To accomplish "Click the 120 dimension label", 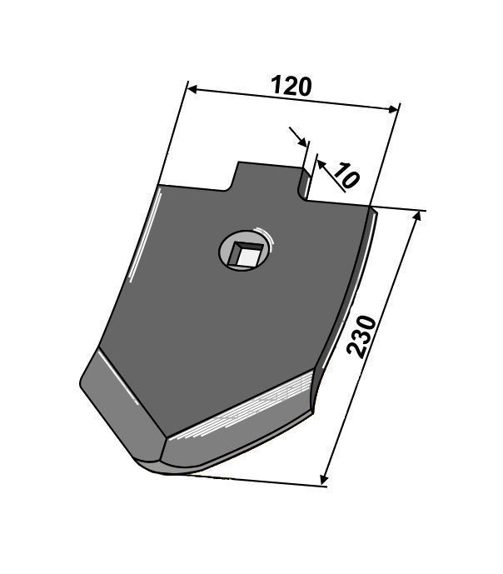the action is tap(291, 86).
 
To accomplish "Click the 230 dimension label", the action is tap(361, 337).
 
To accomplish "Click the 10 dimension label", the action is tap(346, 176).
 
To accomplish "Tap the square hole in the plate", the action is tap(247, 254).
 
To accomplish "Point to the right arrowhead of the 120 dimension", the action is tap(393, 109).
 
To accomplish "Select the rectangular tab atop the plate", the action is tap(268, 180).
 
